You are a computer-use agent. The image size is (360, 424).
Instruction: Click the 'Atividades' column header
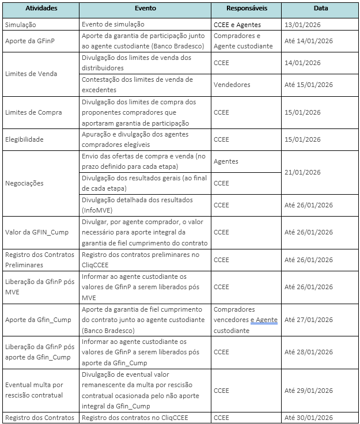(x=41, y=9)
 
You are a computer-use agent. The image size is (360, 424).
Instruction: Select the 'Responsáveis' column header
(x=246, y=9)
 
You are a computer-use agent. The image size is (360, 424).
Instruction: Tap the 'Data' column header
(x=320, y=9)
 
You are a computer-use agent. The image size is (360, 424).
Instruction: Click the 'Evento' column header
(x=145, y=9)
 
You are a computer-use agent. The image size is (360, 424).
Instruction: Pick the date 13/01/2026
(x=303, y=25)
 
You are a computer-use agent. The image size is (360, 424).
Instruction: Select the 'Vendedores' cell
(x=232, y=85)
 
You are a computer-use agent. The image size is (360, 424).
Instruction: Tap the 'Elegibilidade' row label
(x=24, y=139)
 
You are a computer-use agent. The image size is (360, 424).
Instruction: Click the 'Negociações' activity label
(x=24, y=183)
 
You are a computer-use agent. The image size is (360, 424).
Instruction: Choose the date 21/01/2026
(x=303, y=172)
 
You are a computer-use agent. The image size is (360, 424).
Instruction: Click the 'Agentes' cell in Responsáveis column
(x=226, y=162)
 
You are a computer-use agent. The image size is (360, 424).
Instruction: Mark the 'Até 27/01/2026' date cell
(x=309, y=320)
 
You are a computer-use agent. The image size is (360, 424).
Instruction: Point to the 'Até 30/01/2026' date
(x=309, y=418)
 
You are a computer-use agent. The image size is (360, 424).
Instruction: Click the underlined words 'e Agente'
(x=264, y=320)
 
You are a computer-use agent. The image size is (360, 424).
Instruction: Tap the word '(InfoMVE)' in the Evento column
(x=98, y=211)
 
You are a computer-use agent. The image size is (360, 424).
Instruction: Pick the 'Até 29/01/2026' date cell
(x=309, y=391)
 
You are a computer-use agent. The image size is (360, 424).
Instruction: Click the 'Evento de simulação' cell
(x=113, y=25)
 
